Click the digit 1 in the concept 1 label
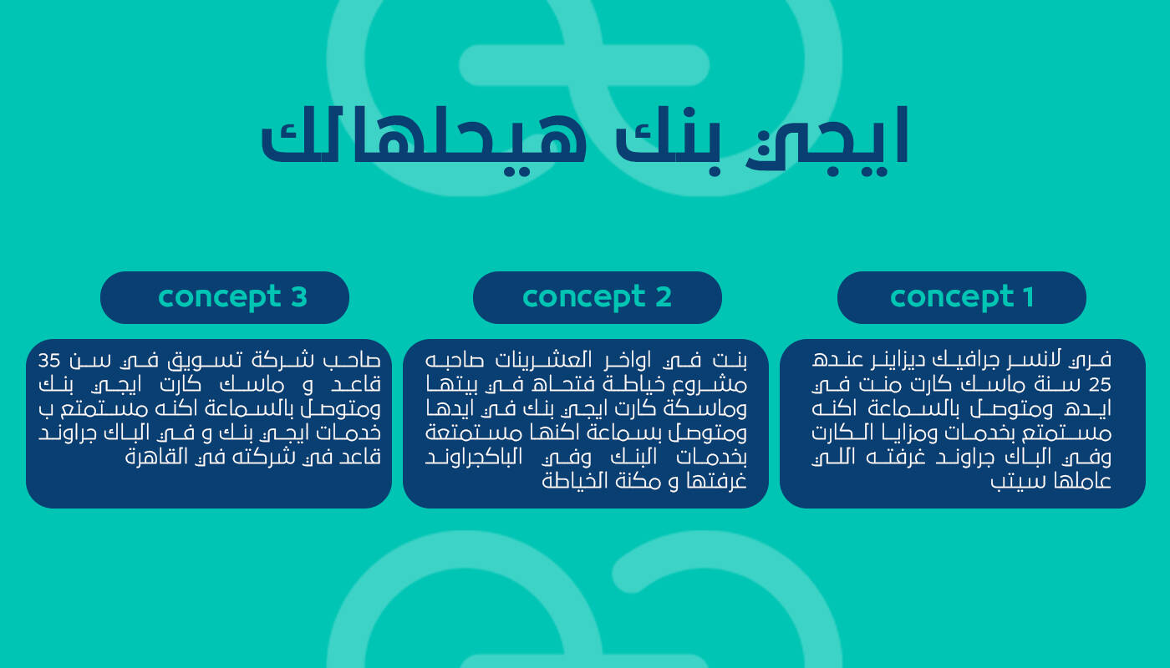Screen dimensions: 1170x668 1029,297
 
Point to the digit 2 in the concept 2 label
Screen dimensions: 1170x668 664,297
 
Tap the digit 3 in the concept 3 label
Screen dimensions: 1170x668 299,297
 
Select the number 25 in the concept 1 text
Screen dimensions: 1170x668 1100,386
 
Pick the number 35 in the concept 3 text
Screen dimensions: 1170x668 49,361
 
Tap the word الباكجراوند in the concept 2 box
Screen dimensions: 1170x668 474,458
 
